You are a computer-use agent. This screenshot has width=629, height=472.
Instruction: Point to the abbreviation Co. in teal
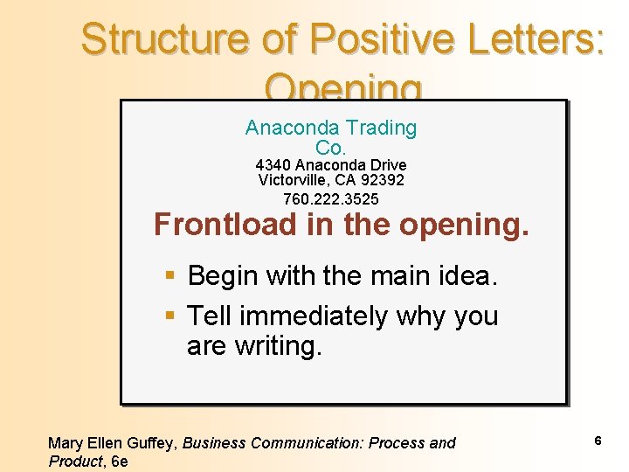(331, 148)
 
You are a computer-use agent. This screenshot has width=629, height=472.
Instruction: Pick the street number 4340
(273, 165)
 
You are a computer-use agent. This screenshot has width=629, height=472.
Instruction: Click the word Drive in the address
(387, 165)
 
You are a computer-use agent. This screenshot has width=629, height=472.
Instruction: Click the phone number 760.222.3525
(331, 200)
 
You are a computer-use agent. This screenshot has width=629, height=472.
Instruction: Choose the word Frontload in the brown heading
(225, 225)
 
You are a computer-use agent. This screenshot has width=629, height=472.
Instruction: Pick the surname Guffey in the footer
(151, 443)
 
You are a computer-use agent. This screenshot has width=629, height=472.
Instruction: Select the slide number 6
(598, 441)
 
